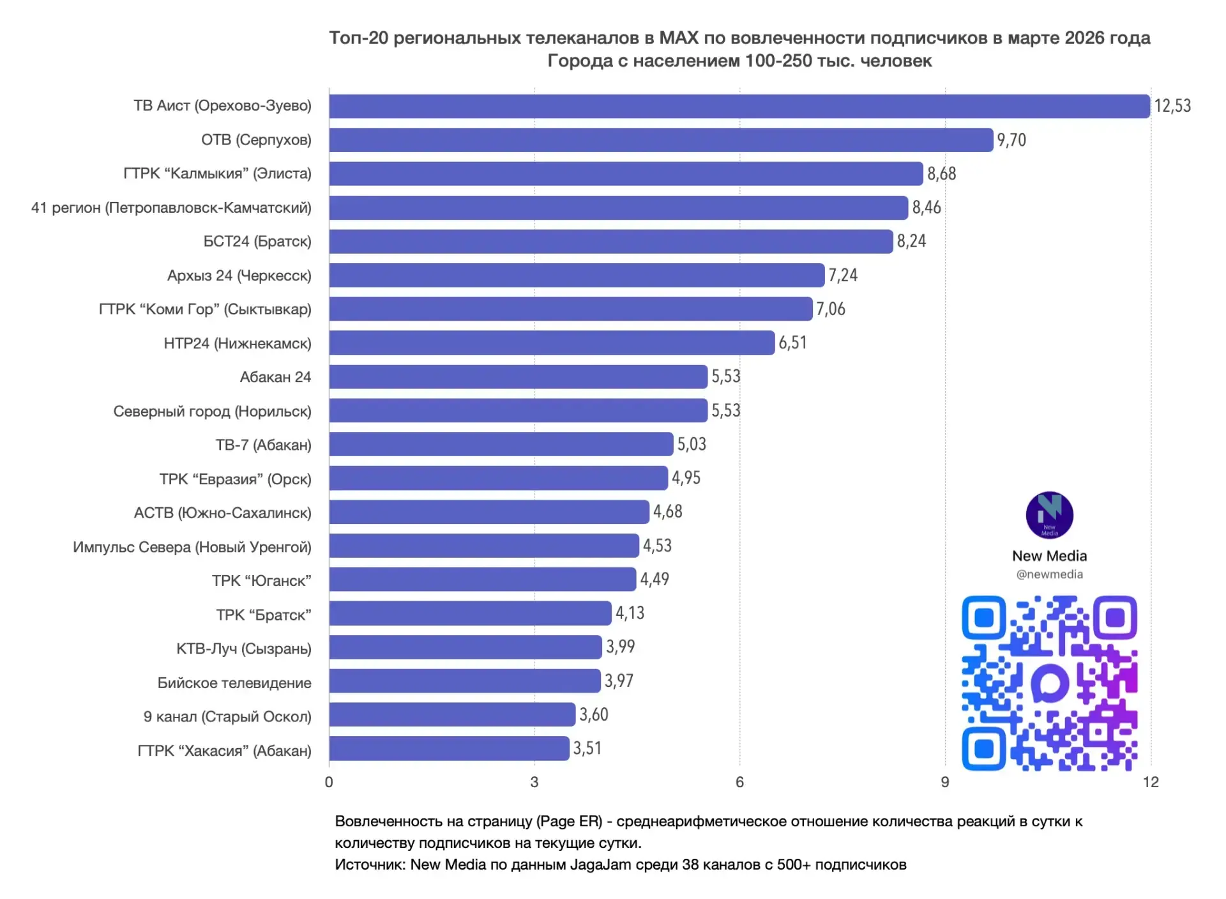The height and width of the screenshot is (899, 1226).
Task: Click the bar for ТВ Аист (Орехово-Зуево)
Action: [x=739, y=106]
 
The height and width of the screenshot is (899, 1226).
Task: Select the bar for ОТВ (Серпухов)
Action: [x=661, y=140]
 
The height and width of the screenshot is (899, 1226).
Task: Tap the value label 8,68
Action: [x=941, y=174]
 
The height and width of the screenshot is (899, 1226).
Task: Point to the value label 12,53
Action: [x=1172, y=106]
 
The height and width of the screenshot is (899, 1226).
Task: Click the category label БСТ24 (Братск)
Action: [x=257, y=242]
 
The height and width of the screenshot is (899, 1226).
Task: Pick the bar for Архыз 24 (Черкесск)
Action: [x=577, y=275]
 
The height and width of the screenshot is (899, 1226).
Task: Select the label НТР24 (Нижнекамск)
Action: [x=238, y=343]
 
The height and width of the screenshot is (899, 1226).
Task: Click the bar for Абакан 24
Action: [x=518, y=377]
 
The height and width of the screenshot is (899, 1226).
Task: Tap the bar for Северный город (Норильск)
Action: [x=518, y=411]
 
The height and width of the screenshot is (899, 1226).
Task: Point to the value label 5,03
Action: [x=692, y=444]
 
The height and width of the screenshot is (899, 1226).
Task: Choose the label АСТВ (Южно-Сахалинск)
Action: [x=223, y=513]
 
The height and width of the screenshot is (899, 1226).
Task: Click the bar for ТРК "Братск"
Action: [x=470, y=613]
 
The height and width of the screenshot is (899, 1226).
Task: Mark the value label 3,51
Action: [x=587, y=748]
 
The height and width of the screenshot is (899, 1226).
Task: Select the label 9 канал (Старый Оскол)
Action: [x=227, y=717]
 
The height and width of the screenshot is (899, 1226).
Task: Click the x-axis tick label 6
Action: [x=739, y=782]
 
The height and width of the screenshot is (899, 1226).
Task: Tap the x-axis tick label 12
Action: [x=1151, y=782]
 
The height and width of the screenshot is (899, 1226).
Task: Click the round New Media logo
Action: [x=1049, y=515]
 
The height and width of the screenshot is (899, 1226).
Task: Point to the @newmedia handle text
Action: [x=1049, y=574]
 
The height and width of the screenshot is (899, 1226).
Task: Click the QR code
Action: [x=1049, y=683]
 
